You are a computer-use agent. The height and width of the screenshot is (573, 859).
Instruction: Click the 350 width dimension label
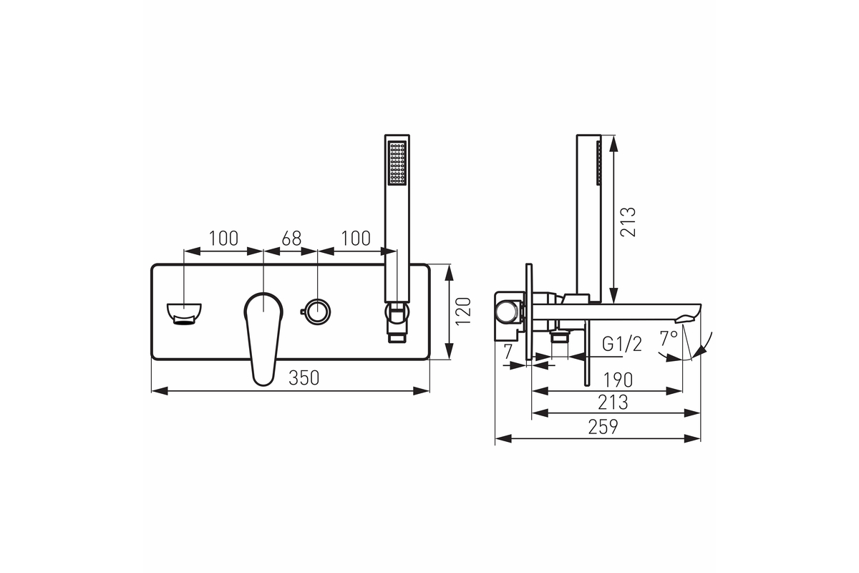click(304, 378)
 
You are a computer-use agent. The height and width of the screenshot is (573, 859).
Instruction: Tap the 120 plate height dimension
click(463, 312)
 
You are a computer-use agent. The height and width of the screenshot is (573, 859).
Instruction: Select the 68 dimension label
click(291, 239)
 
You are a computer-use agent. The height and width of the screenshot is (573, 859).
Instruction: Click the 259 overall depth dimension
click(603, 427)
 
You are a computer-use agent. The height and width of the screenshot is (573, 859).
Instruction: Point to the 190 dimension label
click(618, 380)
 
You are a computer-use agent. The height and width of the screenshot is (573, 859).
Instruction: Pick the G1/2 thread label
click(621, 345)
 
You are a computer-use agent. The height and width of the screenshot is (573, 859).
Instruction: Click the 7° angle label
click(669, 339)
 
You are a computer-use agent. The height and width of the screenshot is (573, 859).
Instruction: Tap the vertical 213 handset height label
click(629, 222)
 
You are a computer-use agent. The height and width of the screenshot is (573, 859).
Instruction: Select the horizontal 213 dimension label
click(613, 403)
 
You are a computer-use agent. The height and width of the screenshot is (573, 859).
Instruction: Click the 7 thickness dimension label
click(508, 351)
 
